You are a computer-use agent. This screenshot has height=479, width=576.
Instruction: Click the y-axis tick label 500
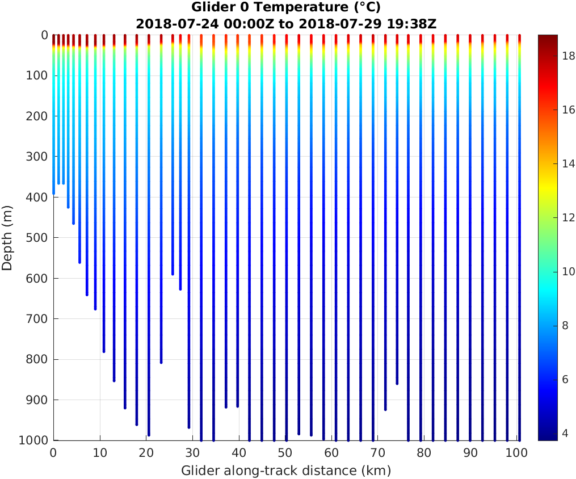(37, 237)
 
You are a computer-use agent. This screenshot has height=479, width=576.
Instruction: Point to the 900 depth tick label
(37, 400)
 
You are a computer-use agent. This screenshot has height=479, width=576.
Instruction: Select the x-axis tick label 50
(285, 452)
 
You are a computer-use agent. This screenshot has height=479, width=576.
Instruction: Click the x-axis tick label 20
(146, 452)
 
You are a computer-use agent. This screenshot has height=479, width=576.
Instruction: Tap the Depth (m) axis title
(7, 238)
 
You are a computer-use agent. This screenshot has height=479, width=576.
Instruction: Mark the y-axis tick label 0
(44, 35)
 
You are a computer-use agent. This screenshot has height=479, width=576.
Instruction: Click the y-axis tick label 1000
(34, 440)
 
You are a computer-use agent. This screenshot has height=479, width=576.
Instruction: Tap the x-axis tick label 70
(379, 452)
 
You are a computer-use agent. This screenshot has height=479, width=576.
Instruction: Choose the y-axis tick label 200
(37, 116)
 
